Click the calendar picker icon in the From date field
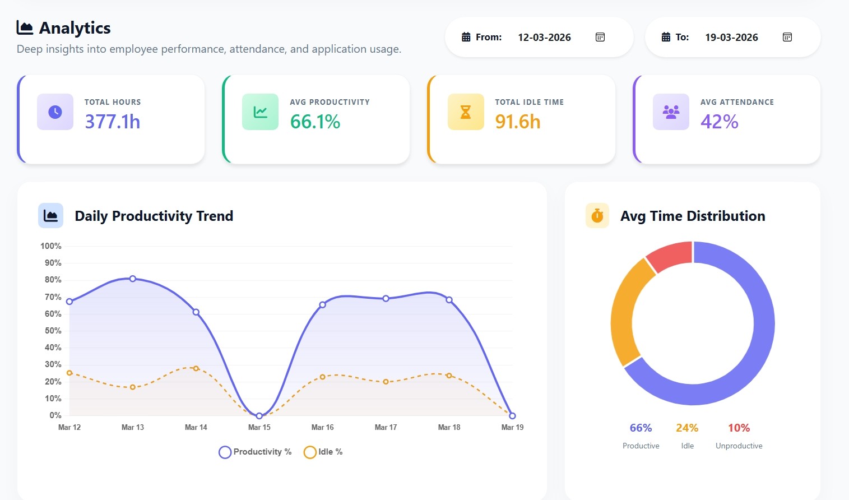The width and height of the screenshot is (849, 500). (x=600, y=37)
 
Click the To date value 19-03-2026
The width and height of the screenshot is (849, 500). (x=731, y=37)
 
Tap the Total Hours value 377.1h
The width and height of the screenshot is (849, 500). (x=112, y=122)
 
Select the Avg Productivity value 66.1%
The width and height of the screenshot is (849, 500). (x=315, y=122)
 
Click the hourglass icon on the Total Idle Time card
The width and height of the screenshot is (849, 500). (x=465, y=112)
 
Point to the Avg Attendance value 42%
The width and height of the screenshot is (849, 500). (x=719, y=122)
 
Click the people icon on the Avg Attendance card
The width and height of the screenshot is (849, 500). (x=671, y=112)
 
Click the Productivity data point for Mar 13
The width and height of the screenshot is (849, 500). (x=133, y=279)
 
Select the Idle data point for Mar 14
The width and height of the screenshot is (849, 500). (x=196, y=368)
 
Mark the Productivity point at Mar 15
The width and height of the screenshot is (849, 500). (x=259, y=416)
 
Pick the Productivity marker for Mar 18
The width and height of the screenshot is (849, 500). (x=449, y=300)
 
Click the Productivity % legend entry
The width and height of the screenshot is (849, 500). (x=256, y=452)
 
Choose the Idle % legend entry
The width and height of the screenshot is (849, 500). (x=323, y=452)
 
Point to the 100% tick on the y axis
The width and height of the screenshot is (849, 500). (x=51, y=246)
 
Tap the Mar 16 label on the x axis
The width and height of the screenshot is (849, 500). (x=322, y=427)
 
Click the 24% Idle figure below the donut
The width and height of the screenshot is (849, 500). (x=687, y=428)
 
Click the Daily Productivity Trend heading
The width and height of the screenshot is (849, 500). (x=154, y=216)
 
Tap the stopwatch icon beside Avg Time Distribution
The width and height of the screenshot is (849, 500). (x=597, y=216)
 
